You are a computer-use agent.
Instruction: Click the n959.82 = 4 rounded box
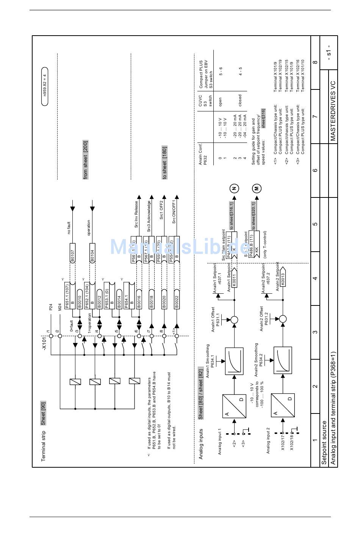(x=45, y=82)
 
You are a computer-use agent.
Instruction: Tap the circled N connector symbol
(x=234, y=188)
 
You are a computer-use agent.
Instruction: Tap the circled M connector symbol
(x=257, y=188)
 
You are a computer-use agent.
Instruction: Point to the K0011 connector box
(x=234, y=279)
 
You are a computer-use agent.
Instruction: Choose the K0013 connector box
(x=283, y=279)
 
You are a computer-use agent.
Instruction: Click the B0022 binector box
(x=177, y=301)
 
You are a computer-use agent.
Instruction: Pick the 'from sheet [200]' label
(x=86, y=160)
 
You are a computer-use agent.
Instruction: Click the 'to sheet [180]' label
(x=164, y=162)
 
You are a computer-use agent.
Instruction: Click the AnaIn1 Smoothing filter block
(x=234, y=361)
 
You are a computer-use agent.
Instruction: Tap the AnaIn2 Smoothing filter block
(x=283, y=361)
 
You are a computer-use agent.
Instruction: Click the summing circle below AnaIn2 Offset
(x=283, y=319)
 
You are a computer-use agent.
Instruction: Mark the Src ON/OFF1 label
(x=174, y=211)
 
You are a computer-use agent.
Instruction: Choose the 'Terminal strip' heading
(x=43, y=446)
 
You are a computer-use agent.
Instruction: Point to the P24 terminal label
(x=50, y=307)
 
